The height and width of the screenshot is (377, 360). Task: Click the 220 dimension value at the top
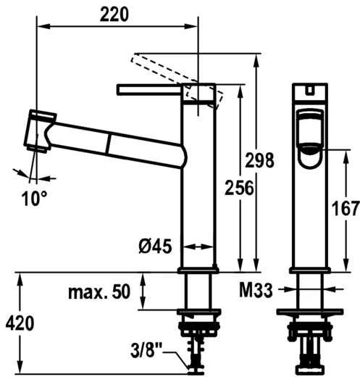(x=116, y=14)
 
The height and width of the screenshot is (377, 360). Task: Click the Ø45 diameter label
(x=154, y=246)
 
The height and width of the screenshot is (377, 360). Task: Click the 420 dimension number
(x=20, y=323)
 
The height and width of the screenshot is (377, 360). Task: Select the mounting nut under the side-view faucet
(x=198, y=314)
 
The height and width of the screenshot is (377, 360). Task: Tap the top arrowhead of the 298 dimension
(x=256, y=59)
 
